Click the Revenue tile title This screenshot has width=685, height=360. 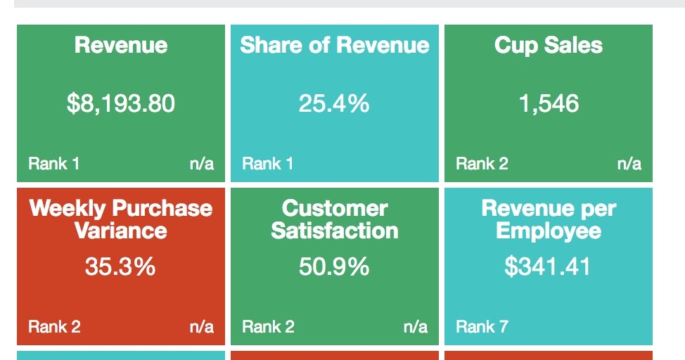121,46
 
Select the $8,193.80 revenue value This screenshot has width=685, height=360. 121,104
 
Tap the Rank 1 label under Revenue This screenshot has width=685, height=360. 53,164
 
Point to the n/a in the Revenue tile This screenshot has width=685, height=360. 202,164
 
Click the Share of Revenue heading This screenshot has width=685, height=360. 335,46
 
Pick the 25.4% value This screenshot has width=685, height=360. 334,104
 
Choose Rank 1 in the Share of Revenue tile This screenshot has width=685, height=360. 267,164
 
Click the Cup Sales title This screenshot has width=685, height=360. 549,46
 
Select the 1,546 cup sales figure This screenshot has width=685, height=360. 549,104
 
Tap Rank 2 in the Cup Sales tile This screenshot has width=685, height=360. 482,164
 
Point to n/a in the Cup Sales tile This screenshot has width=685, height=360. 629,164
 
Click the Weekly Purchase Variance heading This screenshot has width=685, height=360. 121,219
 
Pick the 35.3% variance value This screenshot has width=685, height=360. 120,267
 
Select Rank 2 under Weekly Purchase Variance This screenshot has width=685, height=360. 54,327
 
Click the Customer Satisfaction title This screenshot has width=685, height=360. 335,219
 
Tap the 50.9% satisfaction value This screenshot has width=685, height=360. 334,267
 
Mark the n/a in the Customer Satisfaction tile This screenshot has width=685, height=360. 416,327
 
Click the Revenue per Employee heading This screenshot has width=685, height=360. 549,219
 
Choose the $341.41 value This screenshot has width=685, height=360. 548,267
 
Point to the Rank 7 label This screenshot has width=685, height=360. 482,327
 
